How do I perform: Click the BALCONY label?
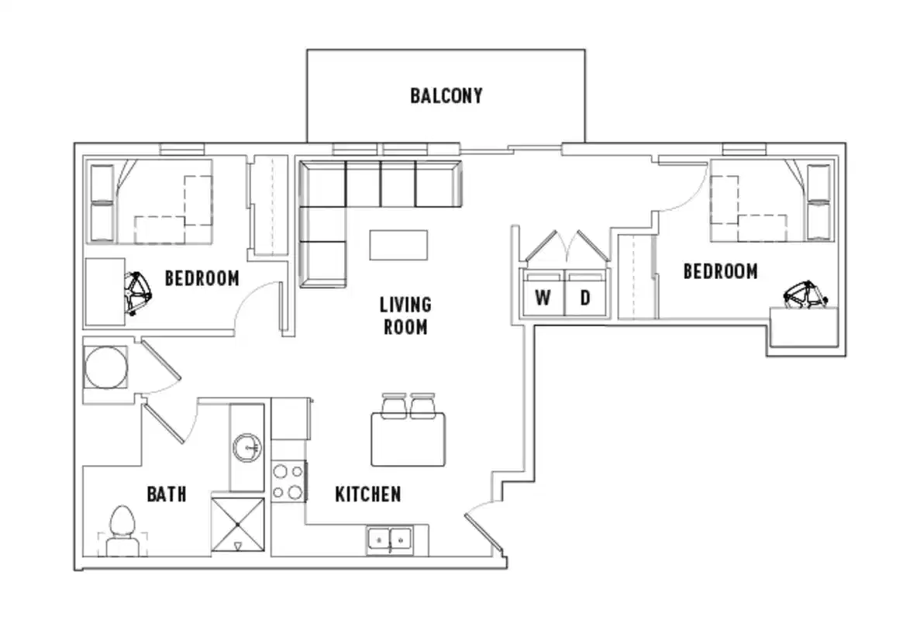pyautogui.click(x=446, y=95)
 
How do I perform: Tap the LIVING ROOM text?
pyautogui.click(x=405, y=315)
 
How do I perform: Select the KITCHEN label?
pyautogui.click(x=367, y=494)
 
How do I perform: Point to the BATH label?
pyautogui.click(x=167, y=494)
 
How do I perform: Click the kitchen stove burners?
pyautogui.click(x=288, y=481)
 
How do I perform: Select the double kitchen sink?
pyautogui.click(x=390, y=538)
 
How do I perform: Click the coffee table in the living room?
pyautogui.click(x=398, y=245)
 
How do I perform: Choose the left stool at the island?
pyautogui.click(x=394, y=405)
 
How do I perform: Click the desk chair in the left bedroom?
pyautogui.click(x=140, y=293)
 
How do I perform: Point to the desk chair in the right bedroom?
pyautogui.click(x=805, y=295)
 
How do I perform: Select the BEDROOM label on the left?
pyautogui.click(x=202, y=278)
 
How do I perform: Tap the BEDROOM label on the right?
pyautogui.click(x=720, y=271)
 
